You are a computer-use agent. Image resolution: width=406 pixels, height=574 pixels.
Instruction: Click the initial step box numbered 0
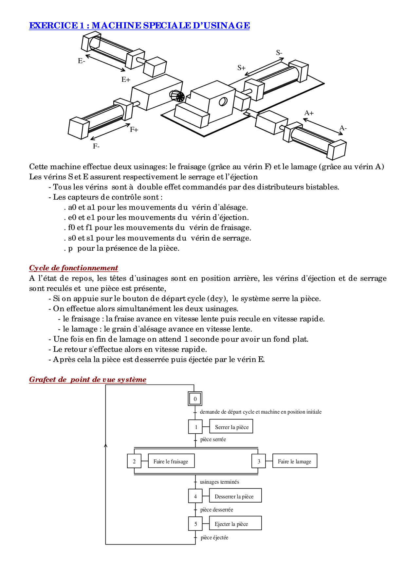(195, 399)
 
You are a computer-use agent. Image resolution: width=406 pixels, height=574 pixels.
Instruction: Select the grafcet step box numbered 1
(195, 427)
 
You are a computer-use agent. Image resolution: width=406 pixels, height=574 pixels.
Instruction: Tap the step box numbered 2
(134, 461)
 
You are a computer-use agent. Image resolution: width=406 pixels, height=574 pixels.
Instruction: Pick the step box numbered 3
(259, 461)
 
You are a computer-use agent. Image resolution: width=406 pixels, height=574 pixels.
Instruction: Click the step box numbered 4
(195, 496)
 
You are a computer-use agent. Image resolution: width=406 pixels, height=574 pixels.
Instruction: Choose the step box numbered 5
(195, 523)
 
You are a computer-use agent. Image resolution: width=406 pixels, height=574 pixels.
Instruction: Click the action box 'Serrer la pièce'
(231, 426)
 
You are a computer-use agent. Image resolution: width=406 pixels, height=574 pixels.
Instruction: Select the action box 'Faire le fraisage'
(171, 461)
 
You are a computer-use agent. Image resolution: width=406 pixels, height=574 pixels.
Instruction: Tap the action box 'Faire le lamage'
(295, 461)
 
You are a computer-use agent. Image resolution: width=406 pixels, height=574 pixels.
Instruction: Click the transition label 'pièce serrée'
(213, 439)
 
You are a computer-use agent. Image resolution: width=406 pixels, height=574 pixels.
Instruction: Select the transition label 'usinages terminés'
(219, 482)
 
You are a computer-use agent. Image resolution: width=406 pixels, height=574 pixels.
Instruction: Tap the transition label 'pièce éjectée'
(214, 538)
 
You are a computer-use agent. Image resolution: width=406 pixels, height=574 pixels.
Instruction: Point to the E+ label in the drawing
(126, 80)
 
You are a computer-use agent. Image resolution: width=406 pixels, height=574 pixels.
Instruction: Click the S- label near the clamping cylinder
(279, 53)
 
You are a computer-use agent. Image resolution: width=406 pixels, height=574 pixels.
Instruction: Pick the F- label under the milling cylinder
(96, 146)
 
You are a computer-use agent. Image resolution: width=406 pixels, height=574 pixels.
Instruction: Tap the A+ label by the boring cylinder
(309, 113)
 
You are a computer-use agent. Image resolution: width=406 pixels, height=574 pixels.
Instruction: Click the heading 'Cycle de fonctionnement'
(74, 268)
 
